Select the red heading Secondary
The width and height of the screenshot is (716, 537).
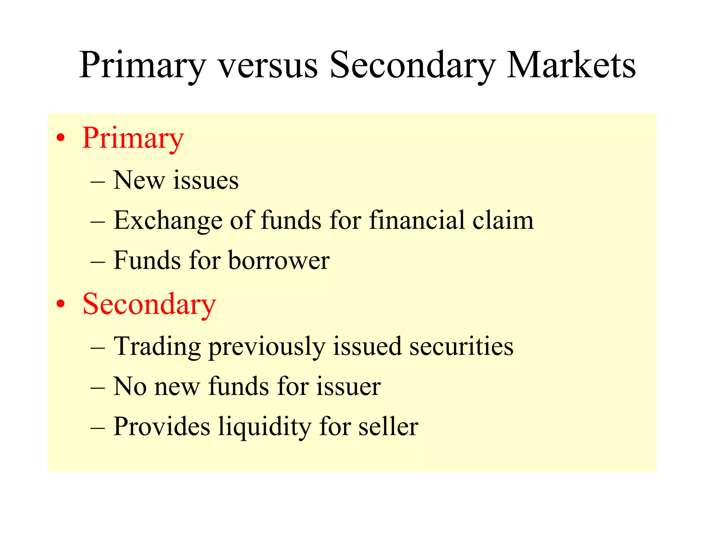pyautogui.click(x=149, y=305)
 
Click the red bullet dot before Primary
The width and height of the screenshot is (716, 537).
pyautogui.click(x=61, y=138)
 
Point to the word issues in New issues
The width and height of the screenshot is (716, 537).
pyautogui.click(x=206, y=181)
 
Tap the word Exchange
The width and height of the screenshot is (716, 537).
pyautogui.click(x=168, y=221)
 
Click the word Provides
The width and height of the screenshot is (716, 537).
pyautogui.click(x=162, y=427)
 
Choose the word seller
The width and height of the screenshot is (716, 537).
pyautogui.click(x=388, y=427)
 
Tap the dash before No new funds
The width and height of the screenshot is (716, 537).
pyautogui.click(x=98, y=387)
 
